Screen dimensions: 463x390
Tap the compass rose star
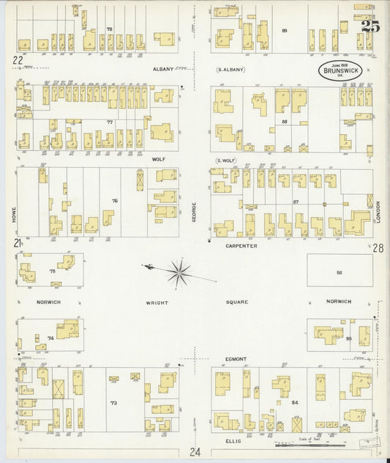179,273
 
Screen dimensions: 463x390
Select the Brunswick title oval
338,72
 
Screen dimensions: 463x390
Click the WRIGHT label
157,302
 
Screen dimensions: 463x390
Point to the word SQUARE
237,302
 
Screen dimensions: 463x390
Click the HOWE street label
13,212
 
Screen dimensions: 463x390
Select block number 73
113,403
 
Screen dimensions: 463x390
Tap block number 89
284,30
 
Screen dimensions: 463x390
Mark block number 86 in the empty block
339,272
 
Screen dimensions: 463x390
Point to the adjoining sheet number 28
378,248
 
